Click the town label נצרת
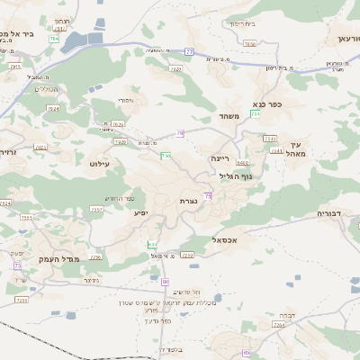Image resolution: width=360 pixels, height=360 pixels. [189, 201]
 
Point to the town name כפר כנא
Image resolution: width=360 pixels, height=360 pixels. [268, 104]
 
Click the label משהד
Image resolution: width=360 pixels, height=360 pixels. [227, 117]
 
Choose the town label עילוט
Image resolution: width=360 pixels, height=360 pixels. [99, 164]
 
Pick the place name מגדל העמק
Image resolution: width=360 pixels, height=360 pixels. [60, 259]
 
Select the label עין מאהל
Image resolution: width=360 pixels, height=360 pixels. [299, 149]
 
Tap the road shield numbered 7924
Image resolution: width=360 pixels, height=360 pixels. [52, 108]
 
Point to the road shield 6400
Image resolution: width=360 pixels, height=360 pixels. [242, 163]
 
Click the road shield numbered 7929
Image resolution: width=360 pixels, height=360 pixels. [175, 67]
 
